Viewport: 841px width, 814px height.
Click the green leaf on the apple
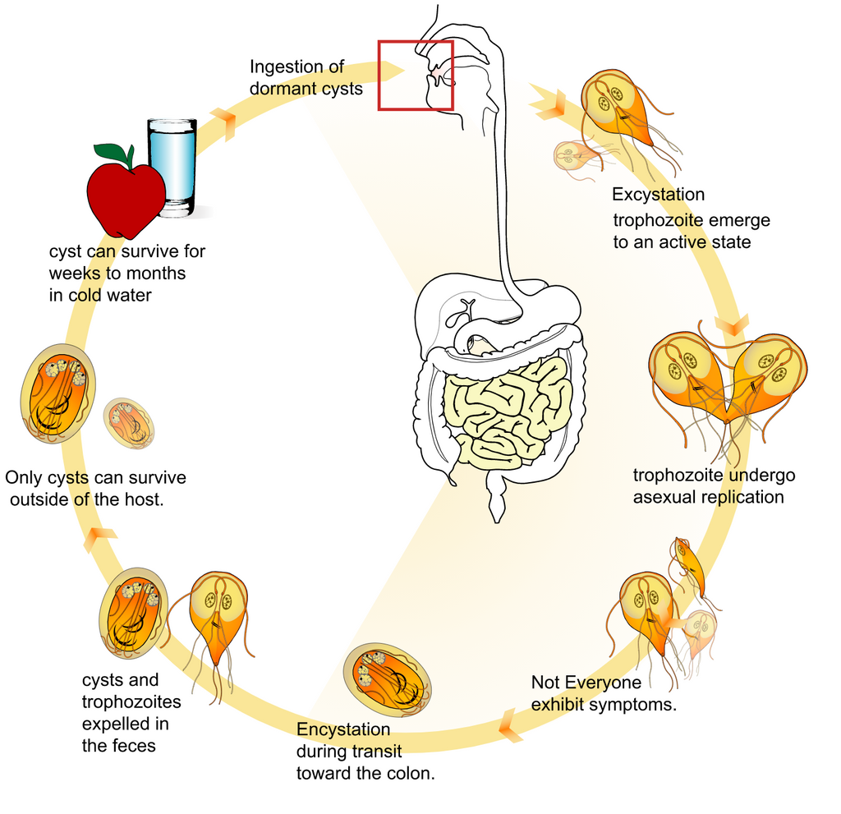click(113, 153)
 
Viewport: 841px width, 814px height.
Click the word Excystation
click(658, 195)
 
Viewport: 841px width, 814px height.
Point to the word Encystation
click(343, 730)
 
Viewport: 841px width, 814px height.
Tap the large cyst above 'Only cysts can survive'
click(57, 393)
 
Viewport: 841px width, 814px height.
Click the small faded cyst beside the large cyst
click(129, 423)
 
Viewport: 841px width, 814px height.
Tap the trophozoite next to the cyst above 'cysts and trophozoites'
click(218, 616)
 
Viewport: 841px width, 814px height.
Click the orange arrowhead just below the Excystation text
click(731, 322)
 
